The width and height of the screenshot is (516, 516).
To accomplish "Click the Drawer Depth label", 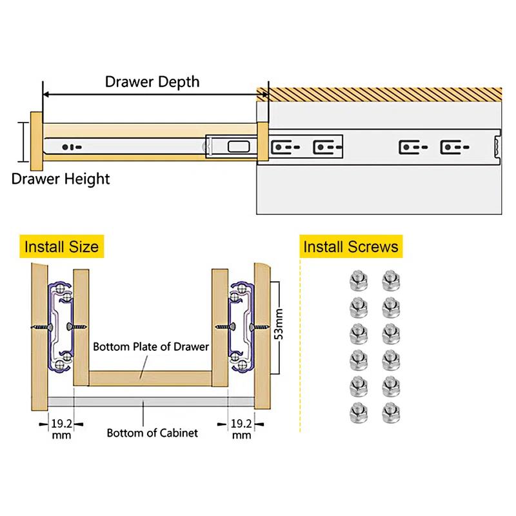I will click(x=152, y=82).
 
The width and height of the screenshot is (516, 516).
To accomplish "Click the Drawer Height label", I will click(x=61, y=179).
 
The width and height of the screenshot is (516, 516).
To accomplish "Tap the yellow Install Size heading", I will click(x=61, y=246).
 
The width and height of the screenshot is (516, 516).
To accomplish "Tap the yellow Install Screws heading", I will click(x=351, y=246).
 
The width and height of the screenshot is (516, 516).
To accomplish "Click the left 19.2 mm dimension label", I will click(x=61, y=429).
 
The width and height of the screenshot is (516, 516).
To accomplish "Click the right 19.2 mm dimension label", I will click(x=241, y=429).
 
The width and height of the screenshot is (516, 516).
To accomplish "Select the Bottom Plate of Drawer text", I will click(x=151, y=346).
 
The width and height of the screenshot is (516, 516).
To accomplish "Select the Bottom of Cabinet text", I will click(x=152, y=433).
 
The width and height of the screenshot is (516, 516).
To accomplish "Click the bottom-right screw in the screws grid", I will click(x=388, y=410).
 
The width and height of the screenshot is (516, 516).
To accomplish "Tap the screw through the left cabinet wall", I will click(x=41, y=328).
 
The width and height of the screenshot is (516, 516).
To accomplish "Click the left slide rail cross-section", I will click(x=61, y=328).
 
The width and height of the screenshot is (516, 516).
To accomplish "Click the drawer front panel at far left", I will click(x=35, y=139).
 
